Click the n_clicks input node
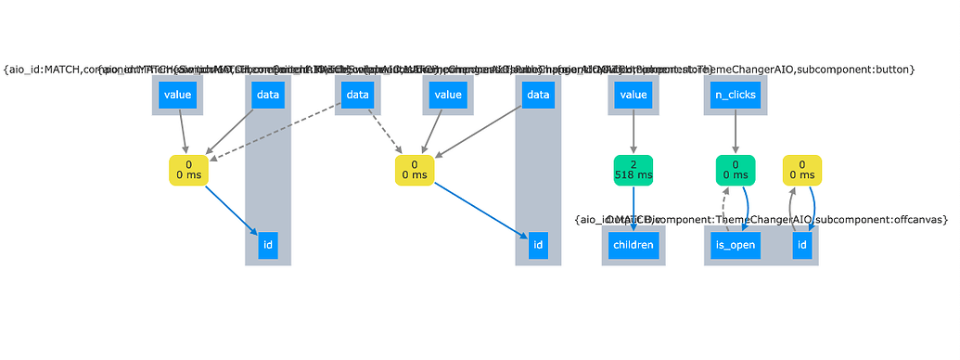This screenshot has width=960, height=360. click(x=735, y=95)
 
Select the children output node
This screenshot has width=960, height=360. click(x=633, y=246)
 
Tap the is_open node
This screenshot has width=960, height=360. click(x=736, y=246)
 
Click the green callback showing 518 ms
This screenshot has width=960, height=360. click(x=634, y=170)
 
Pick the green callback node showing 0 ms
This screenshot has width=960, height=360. click(x=736, y=170)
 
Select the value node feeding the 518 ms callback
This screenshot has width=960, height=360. click(x=634, y=95)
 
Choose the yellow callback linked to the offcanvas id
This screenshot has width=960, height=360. click(x=803, y=170)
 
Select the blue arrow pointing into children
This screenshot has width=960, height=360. click(x=634, y=208)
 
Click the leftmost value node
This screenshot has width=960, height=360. click(x=177, y=95)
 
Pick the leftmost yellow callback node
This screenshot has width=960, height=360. click(x=188, y=170)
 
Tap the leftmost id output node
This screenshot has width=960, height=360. click(x=268, y=246)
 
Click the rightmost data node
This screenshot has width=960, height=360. click(x=537, y=95)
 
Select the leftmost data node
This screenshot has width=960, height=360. click(x=268, y=95)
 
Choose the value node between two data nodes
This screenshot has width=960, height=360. click(x=448, y=95)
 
